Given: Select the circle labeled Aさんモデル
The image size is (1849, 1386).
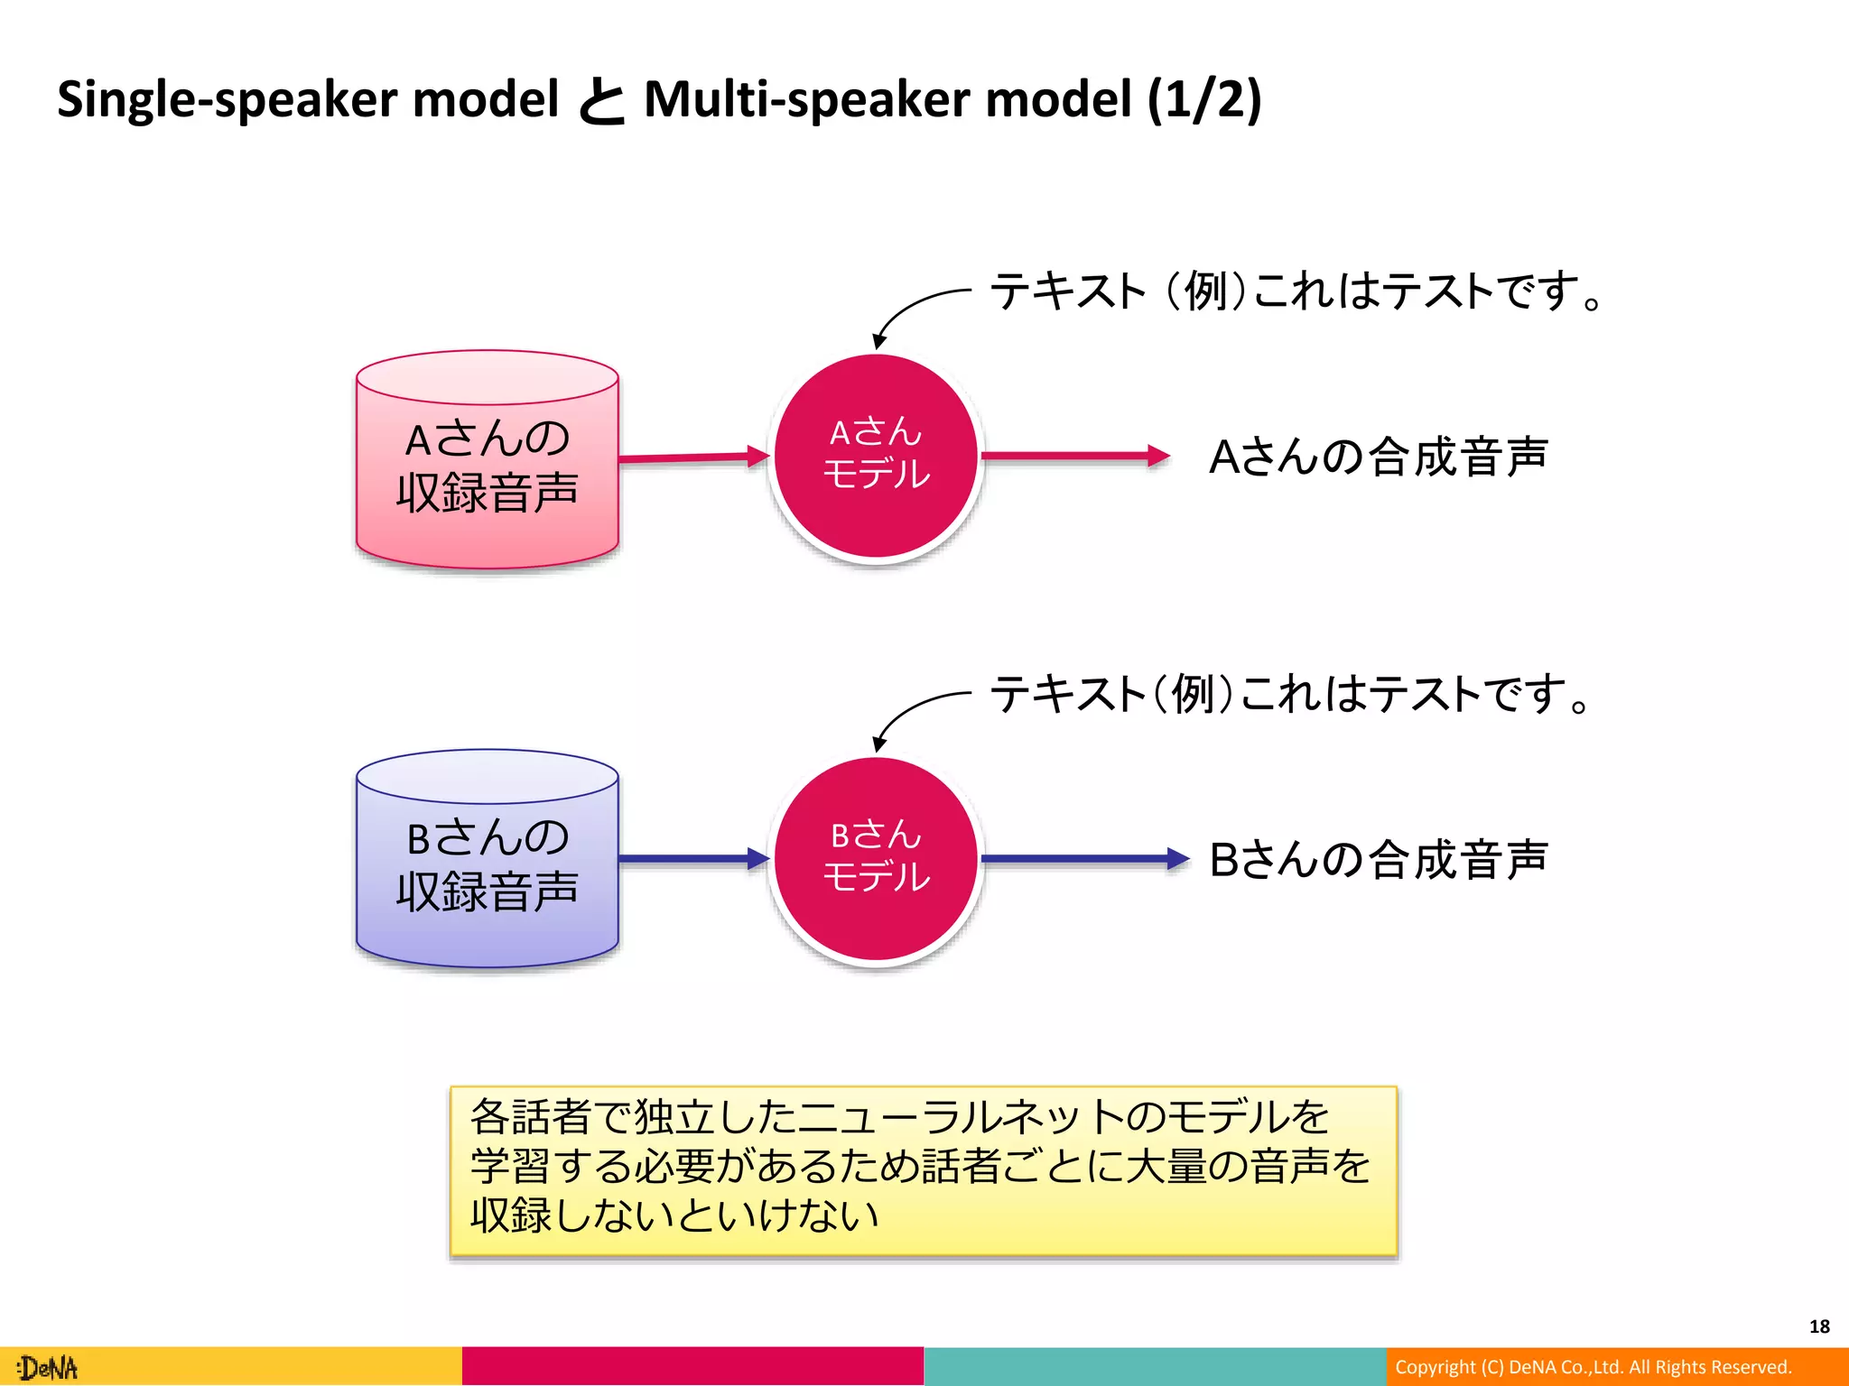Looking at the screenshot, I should point(875,456).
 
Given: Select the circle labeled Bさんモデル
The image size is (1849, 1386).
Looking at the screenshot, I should point(875,858).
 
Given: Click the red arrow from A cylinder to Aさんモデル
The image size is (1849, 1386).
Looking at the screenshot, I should point(691,457).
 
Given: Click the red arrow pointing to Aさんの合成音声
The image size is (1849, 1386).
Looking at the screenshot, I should point(1074,456).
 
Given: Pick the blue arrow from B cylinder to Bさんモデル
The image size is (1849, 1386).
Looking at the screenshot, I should point(691,858).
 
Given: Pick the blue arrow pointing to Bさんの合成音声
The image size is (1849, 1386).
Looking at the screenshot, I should point(1083,859).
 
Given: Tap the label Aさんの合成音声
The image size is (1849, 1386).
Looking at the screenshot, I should point(1378,457).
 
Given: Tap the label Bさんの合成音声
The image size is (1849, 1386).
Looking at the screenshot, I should point(1378,859).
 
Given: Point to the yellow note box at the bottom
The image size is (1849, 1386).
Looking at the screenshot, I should point(923,1169).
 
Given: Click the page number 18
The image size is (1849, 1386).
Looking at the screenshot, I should point(1818,1326).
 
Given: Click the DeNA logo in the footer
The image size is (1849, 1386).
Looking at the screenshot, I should point(50,1368).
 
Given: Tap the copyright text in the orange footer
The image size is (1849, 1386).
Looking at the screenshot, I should point(1593,1367).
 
